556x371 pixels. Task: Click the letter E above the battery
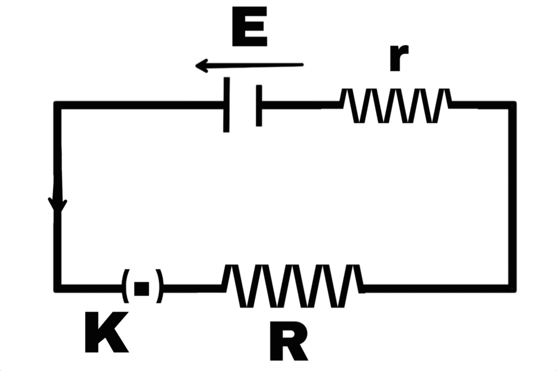click(x=249, y=28)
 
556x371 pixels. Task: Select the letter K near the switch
click(x=106, y=332)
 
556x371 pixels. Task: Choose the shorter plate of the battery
click(x=259, y=105)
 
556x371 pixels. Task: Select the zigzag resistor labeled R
click(x=293, y=286)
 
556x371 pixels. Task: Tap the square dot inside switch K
click(x=141, y=288)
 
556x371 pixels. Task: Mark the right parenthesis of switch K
click(x=158, y=286)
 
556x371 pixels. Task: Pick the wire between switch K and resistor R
click(x=193, y=288)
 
